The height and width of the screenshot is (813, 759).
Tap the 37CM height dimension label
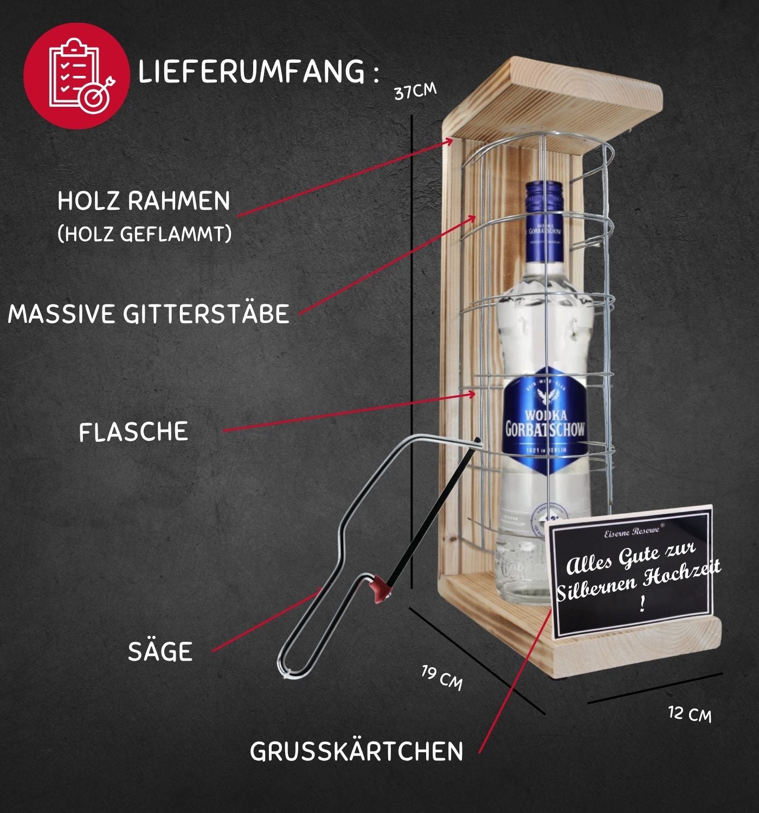click(x=415, y=91)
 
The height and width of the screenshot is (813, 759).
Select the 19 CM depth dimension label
click(x=442, y=678)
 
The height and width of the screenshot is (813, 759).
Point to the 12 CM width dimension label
click(x=690, y=713)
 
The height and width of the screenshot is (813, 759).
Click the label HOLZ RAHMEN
click(x=144, y=201)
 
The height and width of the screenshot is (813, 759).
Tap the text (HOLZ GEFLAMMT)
click(x=144, y=234)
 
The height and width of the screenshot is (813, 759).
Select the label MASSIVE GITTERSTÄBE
click(x=149, y=314)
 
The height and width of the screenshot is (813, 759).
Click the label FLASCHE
click(x=133, y=432)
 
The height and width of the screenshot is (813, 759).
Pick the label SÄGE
click(x=160, y=651)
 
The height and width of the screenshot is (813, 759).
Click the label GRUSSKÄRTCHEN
click(x=356, y=751)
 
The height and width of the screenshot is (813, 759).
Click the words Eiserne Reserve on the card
click(x=632, y=531)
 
